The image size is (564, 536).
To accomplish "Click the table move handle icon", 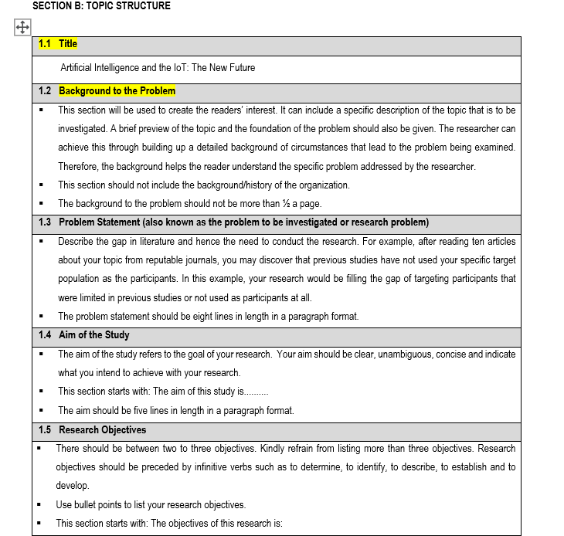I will click(21, 28).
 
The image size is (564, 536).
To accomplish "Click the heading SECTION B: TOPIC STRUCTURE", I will click(101, 6).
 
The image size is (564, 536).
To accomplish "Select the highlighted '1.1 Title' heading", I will click(58, 44).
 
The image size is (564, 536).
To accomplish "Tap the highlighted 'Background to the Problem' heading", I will click(117, 91).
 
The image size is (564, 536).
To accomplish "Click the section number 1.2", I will click(45, 91).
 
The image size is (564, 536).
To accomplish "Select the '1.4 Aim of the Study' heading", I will click(83, 335).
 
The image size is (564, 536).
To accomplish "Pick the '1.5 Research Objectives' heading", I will click(92, 430).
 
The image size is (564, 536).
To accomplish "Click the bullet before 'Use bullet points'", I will click(39, 505).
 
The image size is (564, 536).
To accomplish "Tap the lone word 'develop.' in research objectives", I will click(72, 486).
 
